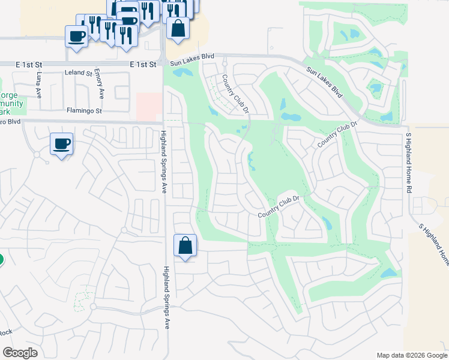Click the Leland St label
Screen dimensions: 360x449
click(x=78, y=73)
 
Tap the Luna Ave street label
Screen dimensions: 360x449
click(x=40, y=85)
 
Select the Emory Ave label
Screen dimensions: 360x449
click(x=100, y=85)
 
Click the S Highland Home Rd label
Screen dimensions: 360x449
click(x=408, y=163)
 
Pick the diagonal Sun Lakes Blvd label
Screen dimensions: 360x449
click(x=324, y=82)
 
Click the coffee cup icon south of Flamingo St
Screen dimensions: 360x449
click(x=61, y=144)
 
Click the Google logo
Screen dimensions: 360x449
click(x=20, y=353)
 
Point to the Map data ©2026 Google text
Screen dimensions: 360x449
click(x=411, y=355)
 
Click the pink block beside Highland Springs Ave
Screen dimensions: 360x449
click(x=149, y=107)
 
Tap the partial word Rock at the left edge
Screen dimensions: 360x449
click(x=5, y=332)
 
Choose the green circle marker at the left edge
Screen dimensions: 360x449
click(x=1, y=260)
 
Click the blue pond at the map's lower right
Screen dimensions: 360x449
click(x=388, y=274)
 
